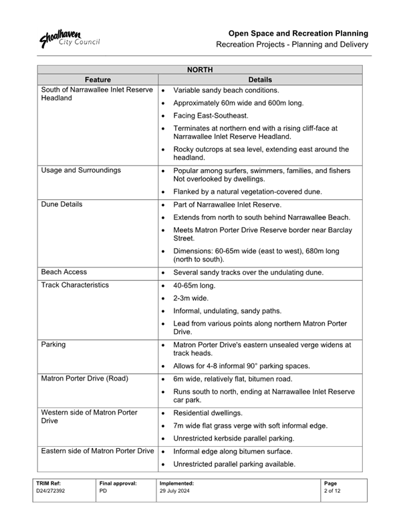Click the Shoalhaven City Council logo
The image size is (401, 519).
coord(70,38)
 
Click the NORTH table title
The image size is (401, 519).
coord(200,69)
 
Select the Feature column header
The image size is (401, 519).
coord(98,79)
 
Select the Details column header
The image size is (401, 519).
coord(260,79)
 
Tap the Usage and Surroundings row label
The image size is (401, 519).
coord(81,171)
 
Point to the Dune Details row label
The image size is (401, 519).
coord(62,204)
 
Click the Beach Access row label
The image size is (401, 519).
coord(64,272)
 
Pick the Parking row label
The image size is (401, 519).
coord(54,345)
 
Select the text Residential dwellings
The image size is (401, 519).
coord(209,413)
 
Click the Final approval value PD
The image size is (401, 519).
coord(103,490)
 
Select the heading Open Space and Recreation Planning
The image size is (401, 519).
coord(298,33)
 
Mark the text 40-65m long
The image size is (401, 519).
coord(194,285)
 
